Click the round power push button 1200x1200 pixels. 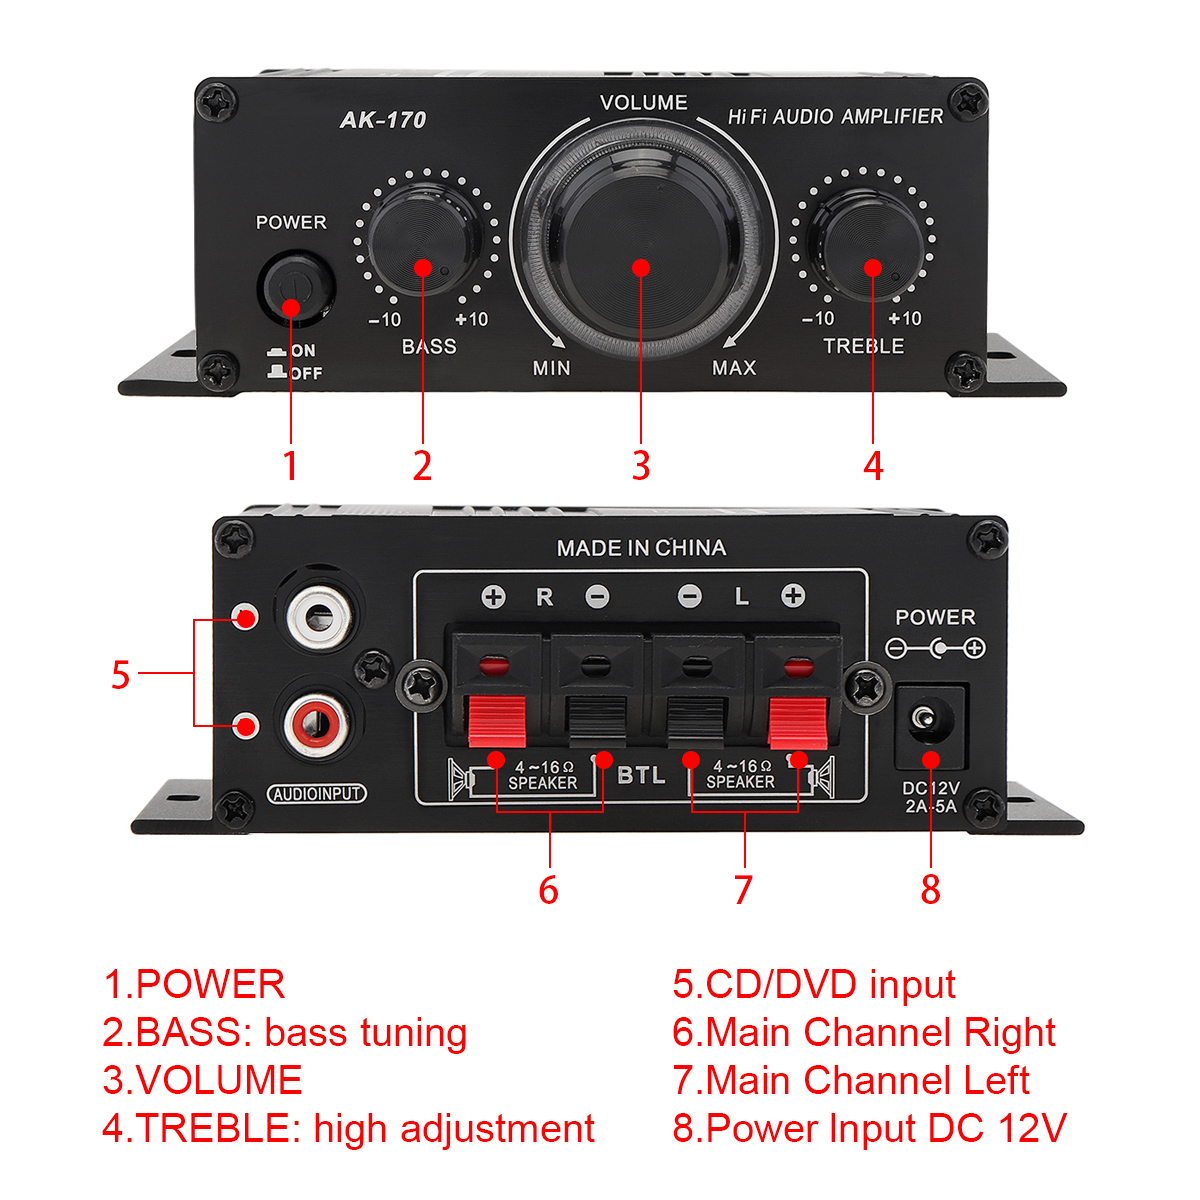(x=296, y=286)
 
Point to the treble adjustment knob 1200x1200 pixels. (x=869, y=243)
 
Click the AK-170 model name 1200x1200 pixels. (x=382, y=120)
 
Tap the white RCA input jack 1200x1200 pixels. (x=319, y=618)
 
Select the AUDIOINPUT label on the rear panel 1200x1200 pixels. (x=316, y=793)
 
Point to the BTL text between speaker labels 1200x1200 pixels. (x=641, y=775)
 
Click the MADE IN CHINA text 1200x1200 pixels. (x=641, y=548)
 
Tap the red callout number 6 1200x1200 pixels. (x=548, y=889)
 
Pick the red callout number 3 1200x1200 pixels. (x=641, y=465)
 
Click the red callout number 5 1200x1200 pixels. (x=120, y=674)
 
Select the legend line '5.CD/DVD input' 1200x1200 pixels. (x=813, y=985)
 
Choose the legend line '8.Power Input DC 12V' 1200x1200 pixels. (x=869, y=1128)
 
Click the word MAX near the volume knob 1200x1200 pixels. (x=734, y=368)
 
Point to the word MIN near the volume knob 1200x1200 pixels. (x=551, y=368)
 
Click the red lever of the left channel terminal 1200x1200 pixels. (x=798, y=722)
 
